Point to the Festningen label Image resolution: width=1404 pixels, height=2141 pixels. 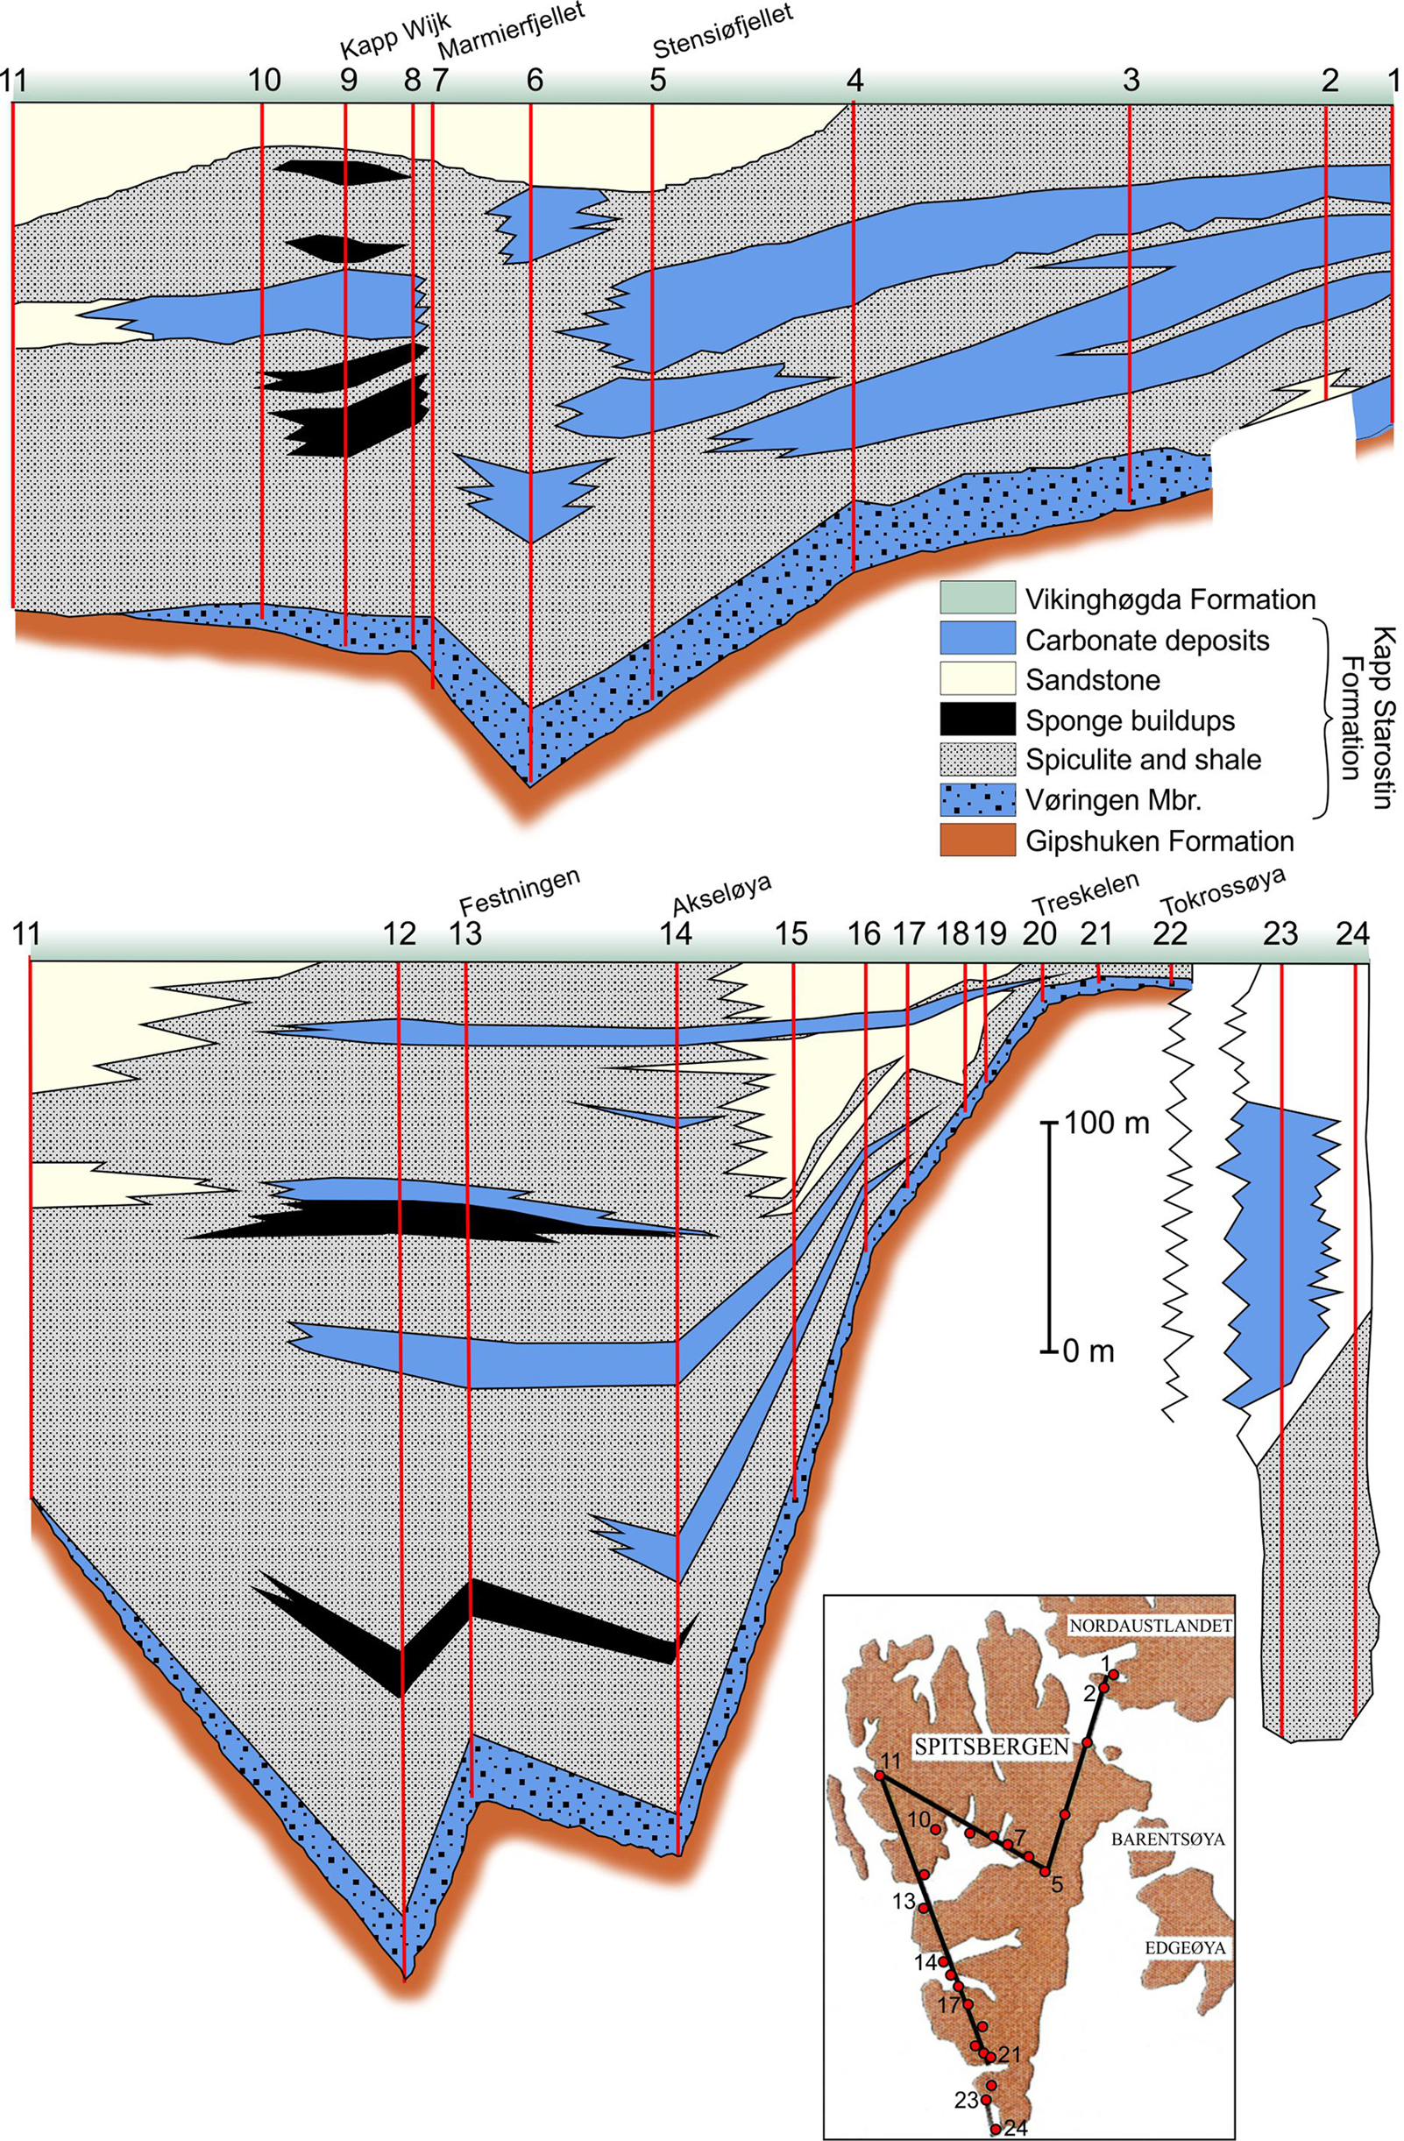(x=521, y=890)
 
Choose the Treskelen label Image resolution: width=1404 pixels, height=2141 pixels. (x=1086, y=891)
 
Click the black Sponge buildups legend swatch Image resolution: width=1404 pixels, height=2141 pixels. (x=977, y=720)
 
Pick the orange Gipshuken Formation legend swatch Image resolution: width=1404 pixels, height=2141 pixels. (x=977, y=841)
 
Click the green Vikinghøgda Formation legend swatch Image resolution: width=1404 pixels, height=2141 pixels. (x=977, y=599)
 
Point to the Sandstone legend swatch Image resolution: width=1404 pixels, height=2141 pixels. (x=977, y=680)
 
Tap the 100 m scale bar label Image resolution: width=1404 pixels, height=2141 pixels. (x=1105, y=1123)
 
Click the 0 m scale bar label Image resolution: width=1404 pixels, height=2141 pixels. (x=1088, y=1351)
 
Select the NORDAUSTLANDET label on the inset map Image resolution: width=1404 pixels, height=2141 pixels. (x=1149, y=1625)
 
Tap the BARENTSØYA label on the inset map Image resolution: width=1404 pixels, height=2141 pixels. (x=1168, y=1840)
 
